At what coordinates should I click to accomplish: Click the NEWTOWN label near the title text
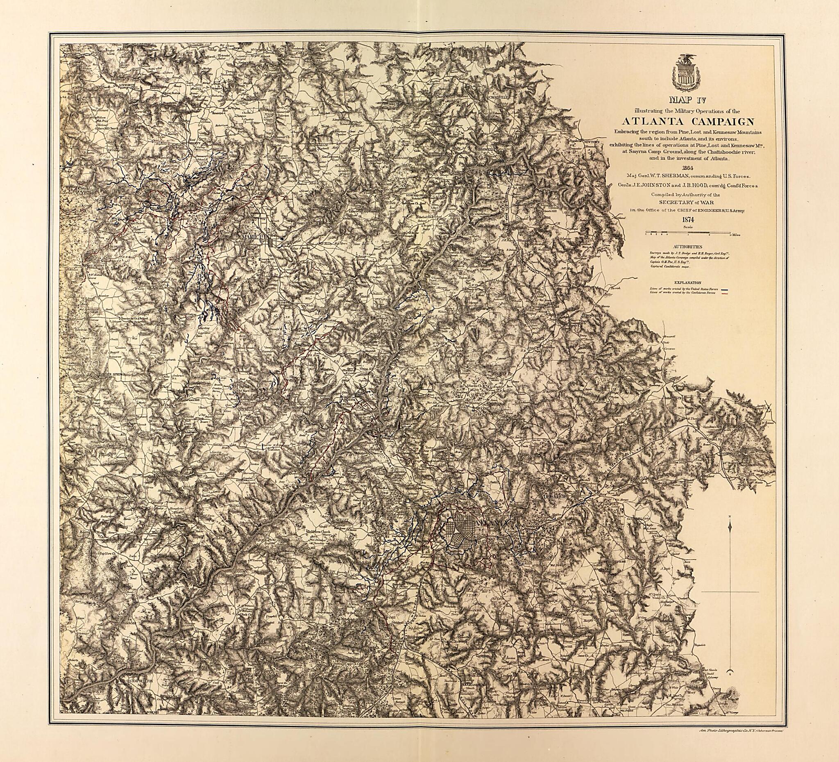click(593, 142)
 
